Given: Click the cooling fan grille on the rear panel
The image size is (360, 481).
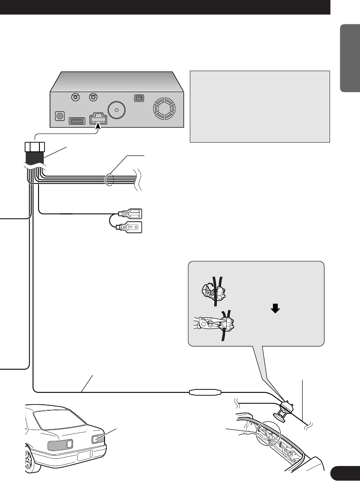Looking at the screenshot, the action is tap(165, 109).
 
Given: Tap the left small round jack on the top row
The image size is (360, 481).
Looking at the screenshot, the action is tap(76, 97).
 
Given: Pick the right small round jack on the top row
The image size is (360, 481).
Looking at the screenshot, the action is tap(92, 97).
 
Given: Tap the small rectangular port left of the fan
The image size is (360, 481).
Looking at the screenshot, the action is tap(138, 98).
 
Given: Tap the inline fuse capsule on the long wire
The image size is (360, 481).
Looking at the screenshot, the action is tap(205, 391).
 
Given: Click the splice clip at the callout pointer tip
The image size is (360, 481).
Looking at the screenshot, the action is tap(286, 404).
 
